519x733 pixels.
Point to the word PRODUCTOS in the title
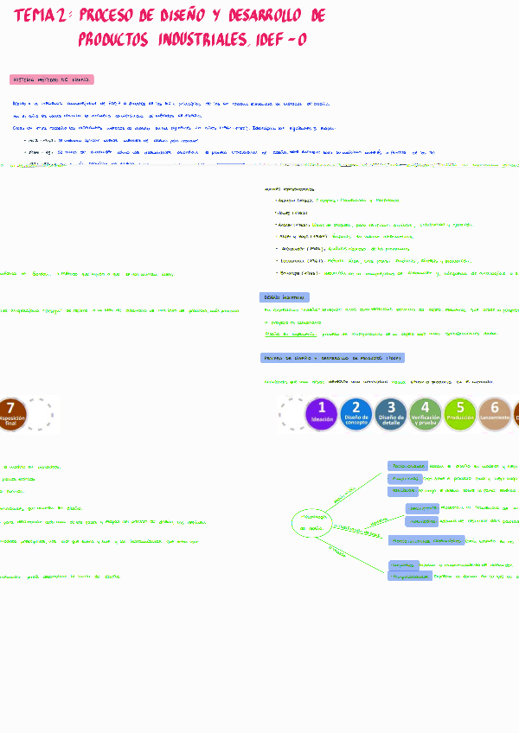[x=112, y=40]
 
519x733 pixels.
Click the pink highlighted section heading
[x=52, y=80]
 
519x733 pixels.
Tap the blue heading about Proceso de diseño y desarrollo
[x=332, y=358]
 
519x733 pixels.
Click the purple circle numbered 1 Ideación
[x=322, y=413]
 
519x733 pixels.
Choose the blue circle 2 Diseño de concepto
[x=356, y=413]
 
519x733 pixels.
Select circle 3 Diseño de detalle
[x=391, y=413]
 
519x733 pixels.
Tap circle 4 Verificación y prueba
[x=426, y=413]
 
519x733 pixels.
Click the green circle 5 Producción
[x=460, y=413]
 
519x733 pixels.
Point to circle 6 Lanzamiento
[x=495, y=413]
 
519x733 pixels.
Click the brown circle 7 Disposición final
[x=11, y=413]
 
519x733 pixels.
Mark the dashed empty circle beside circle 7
[x=41, y=413]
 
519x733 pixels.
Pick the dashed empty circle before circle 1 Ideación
[x=292, y=413]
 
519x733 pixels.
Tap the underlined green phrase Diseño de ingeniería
[x=285, y=333]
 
